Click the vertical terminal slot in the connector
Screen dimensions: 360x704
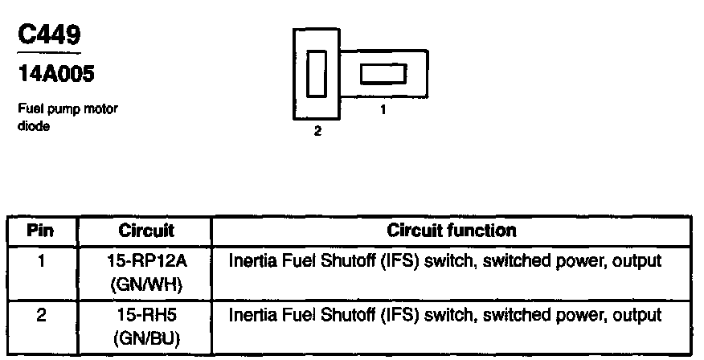point(316,74)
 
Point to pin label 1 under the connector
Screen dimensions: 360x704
point(383,111)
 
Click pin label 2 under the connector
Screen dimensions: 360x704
point(317,132)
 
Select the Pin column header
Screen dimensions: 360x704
point(41,231)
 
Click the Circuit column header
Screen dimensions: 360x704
point(146,231)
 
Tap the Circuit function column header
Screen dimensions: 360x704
point(451,231)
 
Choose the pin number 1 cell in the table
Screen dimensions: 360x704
point(40,262)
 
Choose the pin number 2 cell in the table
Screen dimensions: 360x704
point(40,314)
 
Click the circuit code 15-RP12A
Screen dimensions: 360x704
point(145,262)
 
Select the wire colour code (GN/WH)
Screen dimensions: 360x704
point(145,284)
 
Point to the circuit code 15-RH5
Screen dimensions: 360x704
point(145,315)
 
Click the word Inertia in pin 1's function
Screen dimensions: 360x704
point(250,262)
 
